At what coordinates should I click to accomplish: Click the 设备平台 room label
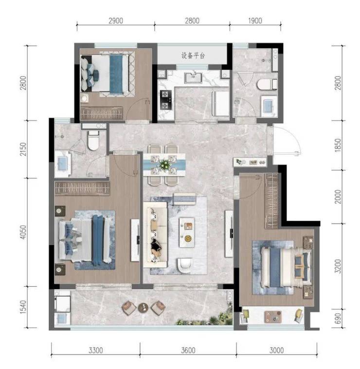coord(193,55)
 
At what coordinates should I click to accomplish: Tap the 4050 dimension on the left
coord(23,232)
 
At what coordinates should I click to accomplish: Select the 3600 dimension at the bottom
coord(188,351)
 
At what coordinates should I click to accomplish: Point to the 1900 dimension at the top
coord(255,21)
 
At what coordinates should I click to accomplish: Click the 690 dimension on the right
coord(338,318)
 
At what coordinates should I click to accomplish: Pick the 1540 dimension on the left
coord(23,307)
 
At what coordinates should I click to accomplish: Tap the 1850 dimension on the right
coord(338,145)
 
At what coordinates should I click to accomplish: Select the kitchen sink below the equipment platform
coord(193,78)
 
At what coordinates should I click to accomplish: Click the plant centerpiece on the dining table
coord(164,164)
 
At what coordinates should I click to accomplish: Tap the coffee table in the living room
coord(187,232)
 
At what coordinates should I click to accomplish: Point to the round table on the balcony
coord(143,307)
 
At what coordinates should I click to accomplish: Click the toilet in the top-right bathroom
coord(267,85)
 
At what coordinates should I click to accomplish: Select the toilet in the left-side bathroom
coord(93,141)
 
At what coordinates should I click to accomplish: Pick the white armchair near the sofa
coord(185,265)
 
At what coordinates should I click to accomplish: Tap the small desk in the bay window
coord(273,317)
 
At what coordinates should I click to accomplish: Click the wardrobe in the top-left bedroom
coord(102,113)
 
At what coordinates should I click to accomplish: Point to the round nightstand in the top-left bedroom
coord(84,98)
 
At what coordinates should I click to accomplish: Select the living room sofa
coord(155,234)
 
